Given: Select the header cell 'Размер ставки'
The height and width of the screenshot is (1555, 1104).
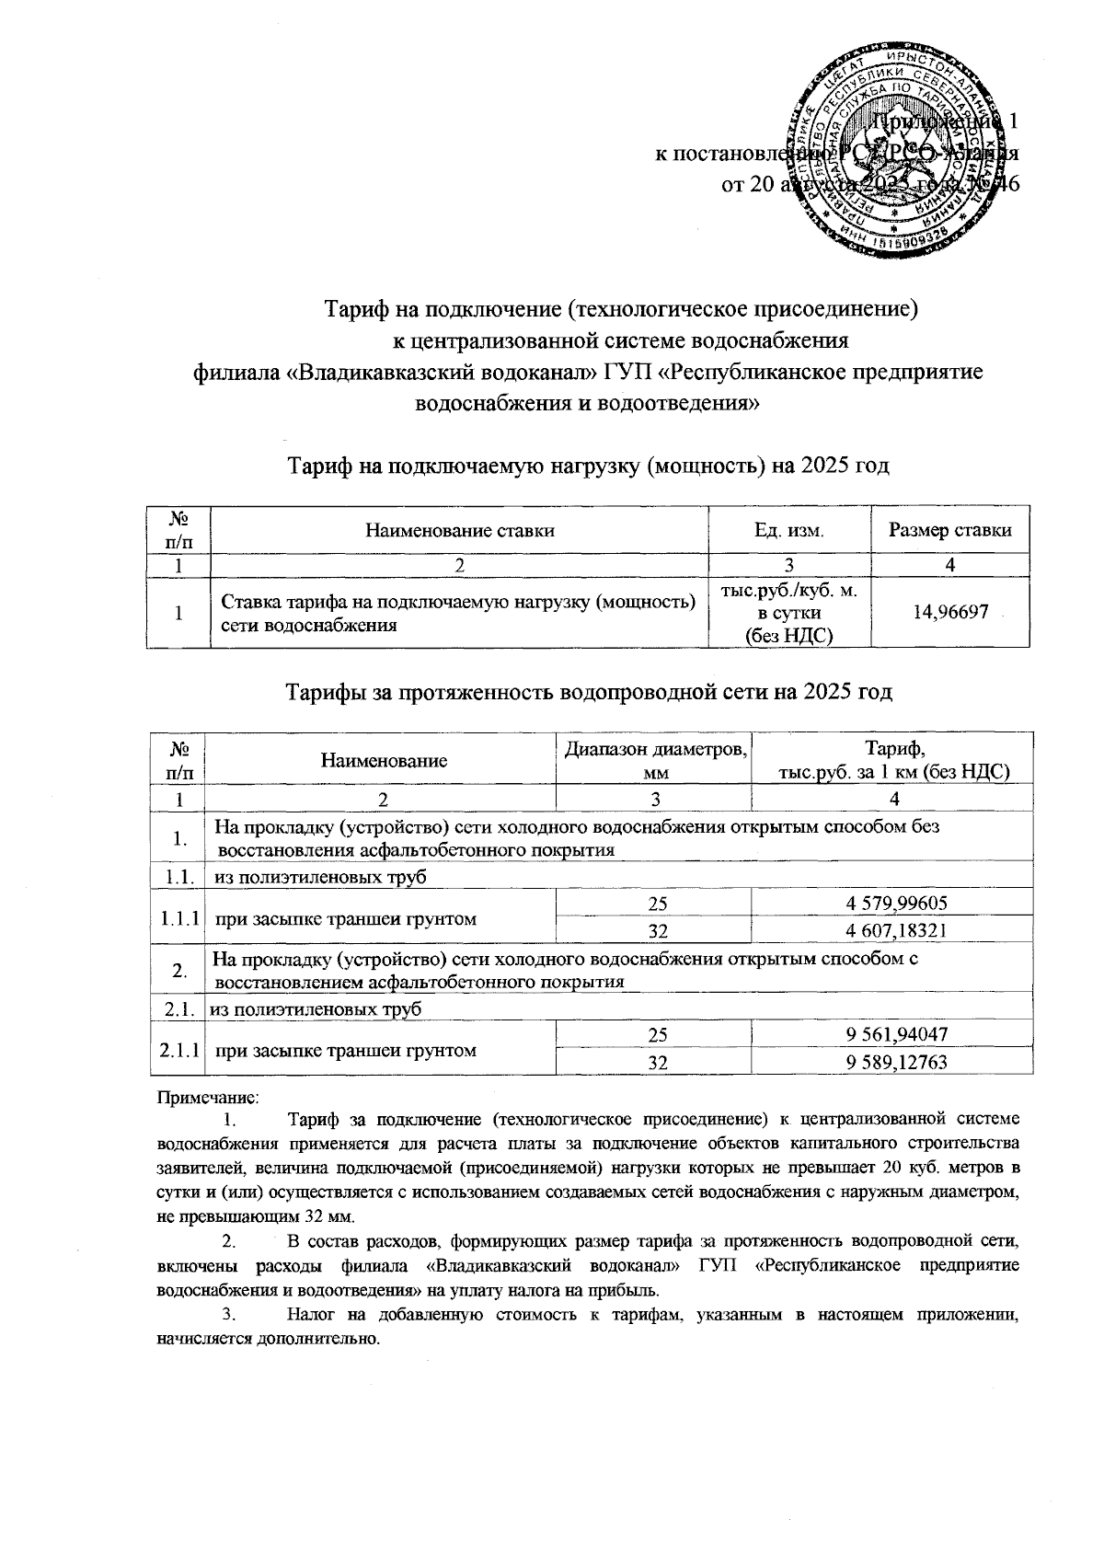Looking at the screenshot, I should [x=950, y=530].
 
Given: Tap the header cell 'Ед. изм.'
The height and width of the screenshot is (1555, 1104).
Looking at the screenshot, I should [x=788, y=530].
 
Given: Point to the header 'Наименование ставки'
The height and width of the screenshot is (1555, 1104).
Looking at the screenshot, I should [x=460, y=530].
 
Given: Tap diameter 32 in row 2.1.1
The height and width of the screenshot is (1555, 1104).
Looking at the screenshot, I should [x=656, y=1063].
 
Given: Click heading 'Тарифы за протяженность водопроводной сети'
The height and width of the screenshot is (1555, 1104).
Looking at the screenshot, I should [x=589, y=691].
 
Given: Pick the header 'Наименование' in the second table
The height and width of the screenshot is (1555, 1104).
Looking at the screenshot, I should [x=384, y=760].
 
